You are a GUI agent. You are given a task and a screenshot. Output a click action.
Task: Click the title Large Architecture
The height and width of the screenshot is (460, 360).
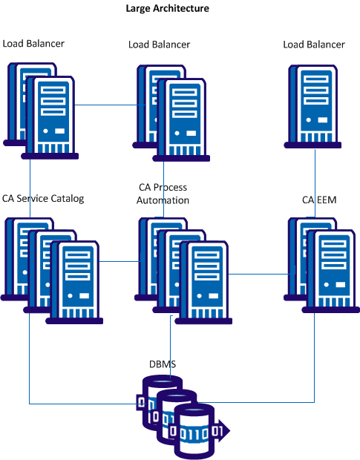pos(168,9)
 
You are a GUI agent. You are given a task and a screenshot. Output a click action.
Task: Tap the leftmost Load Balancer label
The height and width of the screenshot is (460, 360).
pos(33,44)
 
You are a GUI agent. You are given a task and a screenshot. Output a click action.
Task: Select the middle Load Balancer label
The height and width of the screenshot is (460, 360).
pos(159,45)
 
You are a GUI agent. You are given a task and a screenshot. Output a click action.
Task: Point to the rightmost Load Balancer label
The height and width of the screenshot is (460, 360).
pos(314,45)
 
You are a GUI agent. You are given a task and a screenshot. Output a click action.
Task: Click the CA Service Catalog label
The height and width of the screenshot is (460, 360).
pos(43,198)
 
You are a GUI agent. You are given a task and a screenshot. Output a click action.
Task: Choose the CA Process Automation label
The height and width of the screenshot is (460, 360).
pos(164,194)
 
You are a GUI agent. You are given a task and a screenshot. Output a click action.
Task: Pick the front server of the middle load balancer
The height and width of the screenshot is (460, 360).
pos(181,119)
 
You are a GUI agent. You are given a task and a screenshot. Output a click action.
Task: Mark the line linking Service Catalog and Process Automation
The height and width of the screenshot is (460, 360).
pos(119,260)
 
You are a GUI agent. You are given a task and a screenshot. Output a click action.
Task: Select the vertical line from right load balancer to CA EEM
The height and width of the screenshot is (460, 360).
pos(316,182)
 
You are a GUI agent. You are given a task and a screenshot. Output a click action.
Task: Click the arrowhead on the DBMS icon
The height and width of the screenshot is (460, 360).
pos(225,430)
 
